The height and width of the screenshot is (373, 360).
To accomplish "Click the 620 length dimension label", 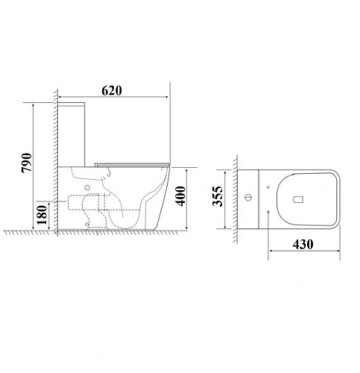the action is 112,91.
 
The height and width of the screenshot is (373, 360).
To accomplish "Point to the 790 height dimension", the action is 27,163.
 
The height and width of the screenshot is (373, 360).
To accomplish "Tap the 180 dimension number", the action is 42,215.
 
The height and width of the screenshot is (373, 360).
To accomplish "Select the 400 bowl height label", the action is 180,196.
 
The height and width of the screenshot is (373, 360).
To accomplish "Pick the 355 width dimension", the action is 217,196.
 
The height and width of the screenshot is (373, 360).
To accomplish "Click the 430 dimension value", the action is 303,244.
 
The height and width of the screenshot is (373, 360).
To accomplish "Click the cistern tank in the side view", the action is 72,134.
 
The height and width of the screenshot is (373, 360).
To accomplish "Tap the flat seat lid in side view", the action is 132,165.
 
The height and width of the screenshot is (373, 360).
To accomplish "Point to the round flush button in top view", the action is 248,198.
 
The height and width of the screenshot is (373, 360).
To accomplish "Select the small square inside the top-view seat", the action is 298,199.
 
